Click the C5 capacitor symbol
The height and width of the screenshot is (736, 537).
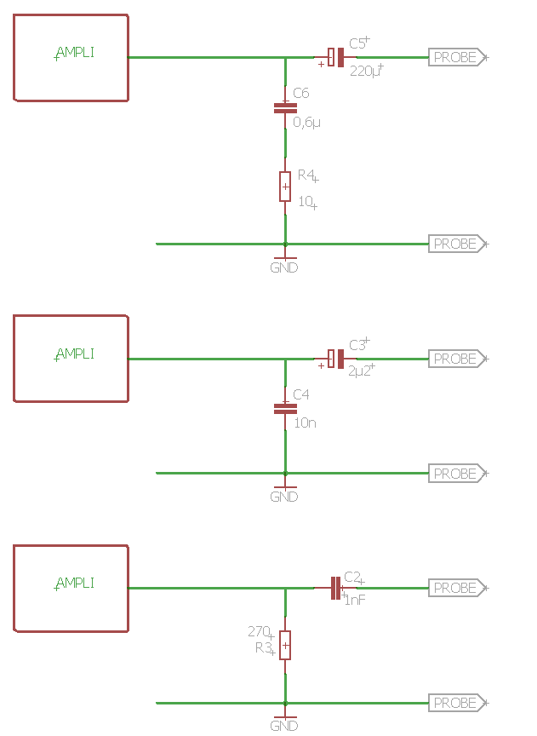336,58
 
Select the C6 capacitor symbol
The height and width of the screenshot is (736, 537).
285,108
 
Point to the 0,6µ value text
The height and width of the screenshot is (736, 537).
306,123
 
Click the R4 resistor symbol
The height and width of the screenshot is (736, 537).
285,186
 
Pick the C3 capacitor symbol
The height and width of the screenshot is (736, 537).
336,359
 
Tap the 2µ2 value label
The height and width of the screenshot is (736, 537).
360,371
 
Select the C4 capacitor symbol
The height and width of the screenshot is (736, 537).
285,408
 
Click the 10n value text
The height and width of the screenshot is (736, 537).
305,422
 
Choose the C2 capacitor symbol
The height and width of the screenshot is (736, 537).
336,588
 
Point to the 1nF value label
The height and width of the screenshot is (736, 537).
355,600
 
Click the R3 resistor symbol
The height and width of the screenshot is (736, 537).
285,645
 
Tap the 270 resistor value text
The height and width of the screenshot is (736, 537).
259,632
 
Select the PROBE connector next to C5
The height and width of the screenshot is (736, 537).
457,58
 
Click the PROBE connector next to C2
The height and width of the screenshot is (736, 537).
457,588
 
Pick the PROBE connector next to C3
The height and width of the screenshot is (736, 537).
457,359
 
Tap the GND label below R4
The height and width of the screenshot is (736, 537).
284,267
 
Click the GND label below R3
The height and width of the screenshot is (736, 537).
284,726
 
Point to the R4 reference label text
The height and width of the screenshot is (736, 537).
306,175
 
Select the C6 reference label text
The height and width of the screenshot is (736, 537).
301,93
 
